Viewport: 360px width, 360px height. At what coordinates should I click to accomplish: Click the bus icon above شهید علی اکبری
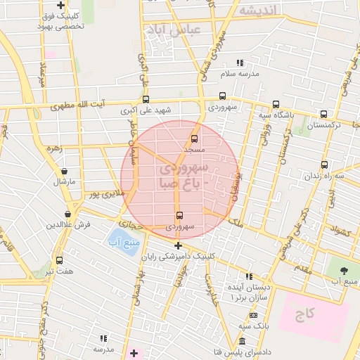(x=146, y=99)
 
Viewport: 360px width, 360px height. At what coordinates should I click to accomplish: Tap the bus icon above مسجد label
(x=195, y=139)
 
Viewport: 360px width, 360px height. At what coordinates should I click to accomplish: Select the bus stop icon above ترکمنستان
(x=323, y=114)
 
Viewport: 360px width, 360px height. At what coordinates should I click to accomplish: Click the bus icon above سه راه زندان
(x=324, y=165)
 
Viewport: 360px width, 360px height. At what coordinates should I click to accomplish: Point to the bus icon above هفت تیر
(x=59, y=260)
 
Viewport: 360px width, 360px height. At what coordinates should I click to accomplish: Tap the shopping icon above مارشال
(x=65, y=171)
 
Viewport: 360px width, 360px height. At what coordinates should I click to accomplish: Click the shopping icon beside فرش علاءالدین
(x=67, y=214)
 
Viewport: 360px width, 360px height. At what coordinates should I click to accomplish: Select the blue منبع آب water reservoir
(x=124, y=241)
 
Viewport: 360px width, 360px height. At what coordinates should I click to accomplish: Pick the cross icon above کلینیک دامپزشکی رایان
(x=179, y=246)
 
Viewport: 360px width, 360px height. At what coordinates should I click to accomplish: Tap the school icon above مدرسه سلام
(x=240, y=63)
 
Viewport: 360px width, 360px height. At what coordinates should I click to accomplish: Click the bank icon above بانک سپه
(x=242, y=342)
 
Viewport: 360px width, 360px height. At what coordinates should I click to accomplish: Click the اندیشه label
(x=260, y=10)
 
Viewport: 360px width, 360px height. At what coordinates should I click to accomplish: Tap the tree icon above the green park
(x=344, y=271)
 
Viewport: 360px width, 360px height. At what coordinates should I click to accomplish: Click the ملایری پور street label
(x=103, y=193)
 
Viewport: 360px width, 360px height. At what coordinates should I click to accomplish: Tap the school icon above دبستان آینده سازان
(x=248, y=276)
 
